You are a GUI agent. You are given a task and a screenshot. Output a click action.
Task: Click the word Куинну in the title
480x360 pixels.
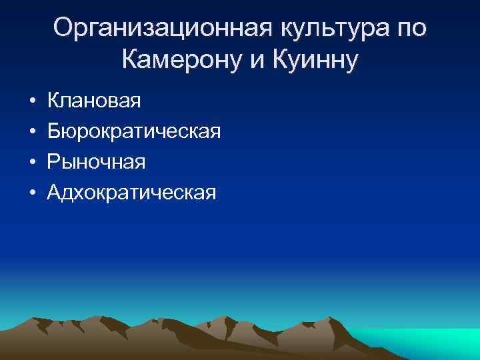coord(314,61)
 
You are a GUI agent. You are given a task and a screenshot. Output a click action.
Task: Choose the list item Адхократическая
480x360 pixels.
coord(132,192)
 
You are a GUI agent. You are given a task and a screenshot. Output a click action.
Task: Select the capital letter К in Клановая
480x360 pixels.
coord(54,102)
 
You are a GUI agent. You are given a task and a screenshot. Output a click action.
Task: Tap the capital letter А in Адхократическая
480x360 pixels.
coord(55,192)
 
